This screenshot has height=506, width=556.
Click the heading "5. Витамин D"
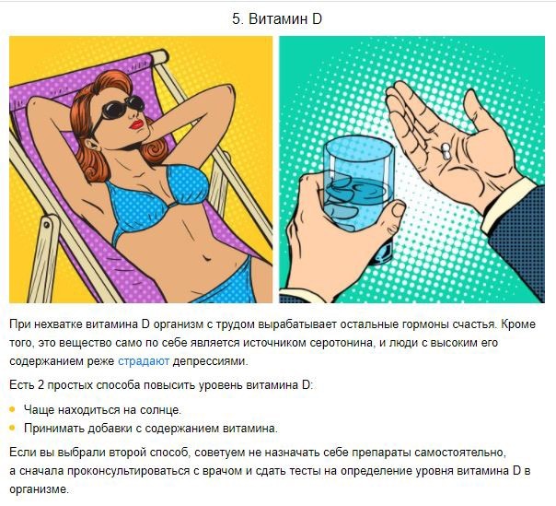[x=277, y=18]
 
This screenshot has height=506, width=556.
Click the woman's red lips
[x=136, y=124]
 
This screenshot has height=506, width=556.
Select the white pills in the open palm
[x=446, y=151]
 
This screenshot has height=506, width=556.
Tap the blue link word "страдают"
[x=144, y=361]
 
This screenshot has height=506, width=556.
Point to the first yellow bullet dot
[x=13, y=409]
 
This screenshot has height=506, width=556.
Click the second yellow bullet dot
[x=13, y=428]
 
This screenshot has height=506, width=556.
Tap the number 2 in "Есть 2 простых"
[x=41, y=385]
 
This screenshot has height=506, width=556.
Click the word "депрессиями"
[x=209, y=361]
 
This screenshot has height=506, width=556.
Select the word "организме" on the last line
[x=39, y=489]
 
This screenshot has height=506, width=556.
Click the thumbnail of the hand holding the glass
[x=399, y=209]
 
